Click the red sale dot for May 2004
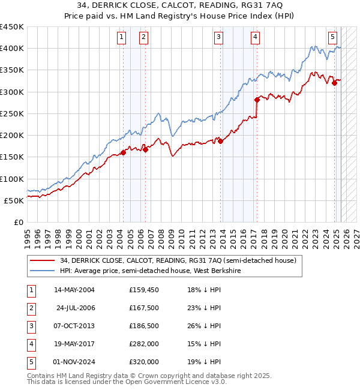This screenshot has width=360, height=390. pos(123,153)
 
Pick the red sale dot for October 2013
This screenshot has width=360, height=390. pos(220,141)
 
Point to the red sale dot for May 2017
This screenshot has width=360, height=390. pos(257,100)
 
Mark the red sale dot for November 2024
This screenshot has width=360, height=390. pos(335,83)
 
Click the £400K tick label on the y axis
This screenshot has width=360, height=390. pos(12,49)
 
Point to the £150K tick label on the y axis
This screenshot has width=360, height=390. pos(12,157)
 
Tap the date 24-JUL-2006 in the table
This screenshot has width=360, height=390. pos(75,308)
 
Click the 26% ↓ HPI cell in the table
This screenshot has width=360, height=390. pos(205,326)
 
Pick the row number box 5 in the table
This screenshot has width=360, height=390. pos(31,362)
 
